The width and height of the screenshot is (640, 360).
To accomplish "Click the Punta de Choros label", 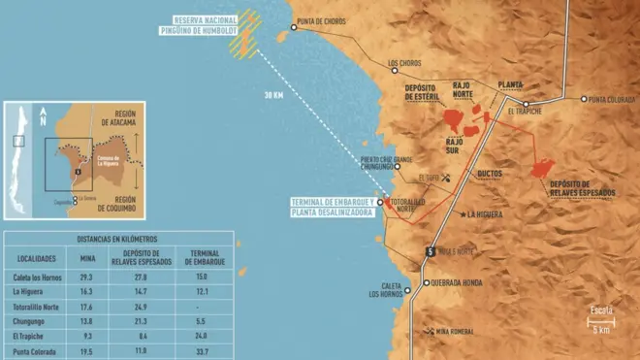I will [322, 20].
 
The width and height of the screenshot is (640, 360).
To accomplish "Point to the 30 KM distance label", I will [274, 95].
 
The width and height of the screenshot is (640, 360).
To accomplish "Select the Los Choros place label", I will [405, 65].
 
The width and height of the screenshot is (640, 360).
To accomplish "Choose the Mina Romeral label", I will [455, 333].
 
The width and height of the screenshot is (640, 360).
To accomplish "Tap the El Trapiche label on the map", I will [525, 112].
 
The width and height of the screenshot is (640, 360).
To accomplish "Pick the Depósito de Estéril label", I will [422, 91].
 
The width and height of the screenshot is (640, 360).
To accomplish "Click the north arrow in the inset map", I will [43, 120].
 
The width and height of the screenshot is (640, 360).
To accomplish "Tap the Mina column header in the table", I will [87, 259].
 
